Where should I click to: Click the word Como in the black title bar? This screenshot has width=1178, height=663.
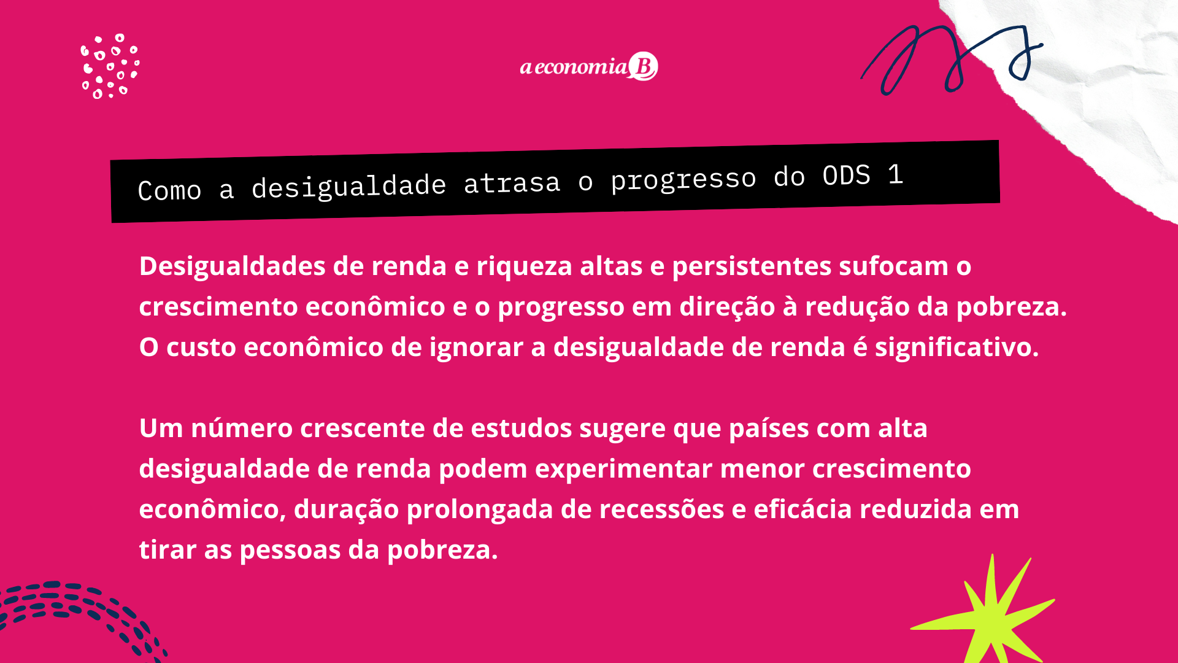tap(169, 190)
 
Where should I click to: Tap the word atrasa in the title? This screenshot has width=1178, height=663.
tap(512, 183)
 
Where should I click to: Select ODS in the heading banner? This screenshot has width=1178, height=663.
tap(846, 176)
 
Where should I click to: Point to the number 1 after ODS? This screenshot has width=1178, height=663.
tap(896, 175)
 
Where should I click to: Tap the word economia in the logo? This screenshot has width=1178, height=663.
tap(580, 66)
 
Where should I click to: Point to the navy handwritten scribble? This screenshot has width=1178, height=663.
tap(951, 58)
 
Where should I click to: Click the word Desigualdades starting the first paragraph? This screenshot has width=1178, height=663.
tap(233, 267)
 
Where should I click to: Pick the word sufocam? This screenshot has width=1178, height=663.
tap(894, 266)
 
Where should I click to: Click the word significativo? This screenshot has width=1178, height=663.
tap(957, 348)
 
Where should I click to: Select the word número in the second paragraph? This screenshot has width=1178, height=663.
tap(242, 428)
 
